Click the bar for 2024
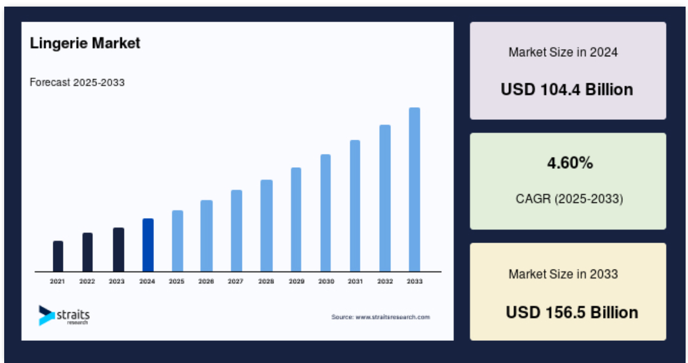click(x=148, y=245)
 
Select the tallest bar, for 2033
click(x=414, y=190)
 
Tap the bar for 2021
click(x=58, y=256)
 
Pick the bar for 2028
click(x=266, y=226)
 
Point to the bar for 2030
click(x=325, y=213)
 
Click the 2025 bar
click(x=177, y=241)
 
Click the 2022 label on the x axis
click(x=87, y=282)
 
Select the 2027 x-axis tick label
click(x=236, y=282)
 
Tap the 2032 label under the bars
click(x=385, y=282)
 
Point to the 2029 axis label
click(x=296, y=282)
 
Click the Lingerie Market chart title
click(x=85, y=43)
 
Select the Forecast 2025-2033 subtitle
click(x=77, y=83)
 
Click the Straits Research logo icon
click(x=47, y=315)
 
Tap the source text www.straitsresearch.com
click(x=393, y=317)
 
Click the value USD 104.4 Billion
click(x=567, y=89)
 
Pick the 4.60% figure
click(x=570, y=163)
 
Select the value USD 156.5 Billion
click(x=572, y=313)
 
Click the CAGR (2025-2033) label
click(x=569, y=199)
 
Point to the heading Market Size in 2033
click(x=563, y=274)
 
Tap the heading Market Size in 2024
click(x=563, y=52)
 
